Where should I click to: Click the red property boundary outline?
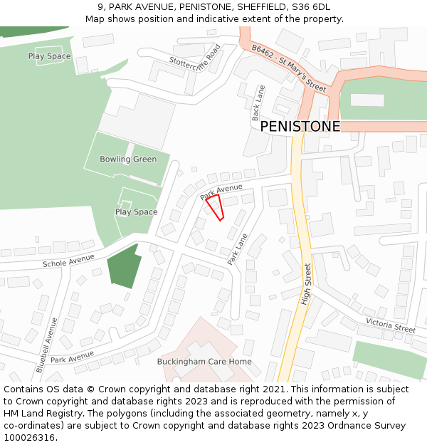(215, 207)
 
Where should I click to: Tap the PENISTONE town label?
(300, 127)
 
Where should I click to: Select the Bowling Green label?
(128, 159)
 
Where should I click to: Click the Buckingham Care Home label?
(204, 362)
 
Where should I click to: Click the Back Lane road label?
(258, 103)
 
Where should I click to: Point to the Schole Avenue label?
(68, 261)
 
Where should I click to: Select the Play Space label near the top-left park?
(50, 56)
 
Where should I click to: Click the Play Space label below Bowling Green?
(136, 212)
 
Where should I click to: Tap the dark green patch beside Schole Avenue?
(123, 266)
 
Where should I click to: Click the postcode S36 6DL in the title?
(310, 6)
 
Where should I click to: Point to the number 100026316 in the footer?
(29, 437)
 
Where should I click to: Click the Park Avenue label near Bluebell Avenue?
(72, 357)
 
